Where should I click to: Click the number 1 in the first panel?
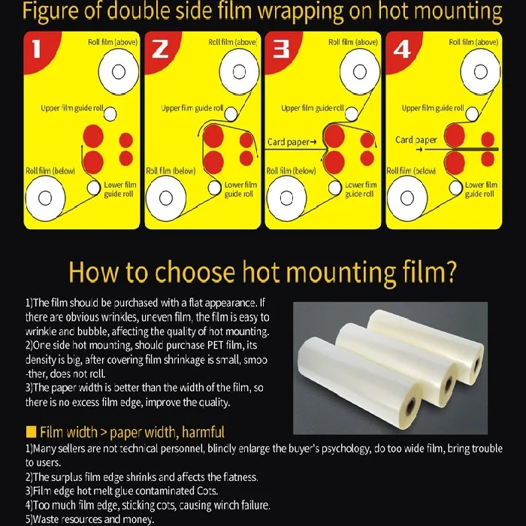click(x=37, y=50)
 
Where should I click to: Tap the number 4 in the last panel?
click(x=401, y=50)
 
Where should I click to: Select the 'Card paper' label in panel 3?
click(x=292, y=142)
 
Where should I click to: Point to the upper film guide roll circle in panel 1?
click(x=110, y=114)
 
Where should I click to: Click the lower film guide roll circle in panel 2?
click(x=214, y=188)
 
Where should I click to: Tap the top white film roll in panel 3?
click(x=360, y=72)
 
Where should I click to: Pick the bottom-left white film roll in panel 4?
click(x=407, y=198)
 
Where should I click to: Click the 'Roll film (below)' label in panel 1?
click(x=50, y=171)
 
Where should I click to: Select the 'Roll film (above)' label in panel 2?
click(x=233, y=42)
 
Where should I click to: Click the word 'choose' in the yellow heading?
click(x=195, y=272)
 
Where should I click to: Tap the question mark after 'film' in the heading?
click(x=451, y=271)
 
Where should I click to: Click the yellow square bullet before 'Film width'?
click(x=31, y=432)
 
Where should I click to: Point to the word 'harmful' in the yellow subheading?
click(x=203, y=432)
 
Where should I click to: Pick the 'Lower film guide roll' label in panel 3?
click(x=361, y=189)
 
